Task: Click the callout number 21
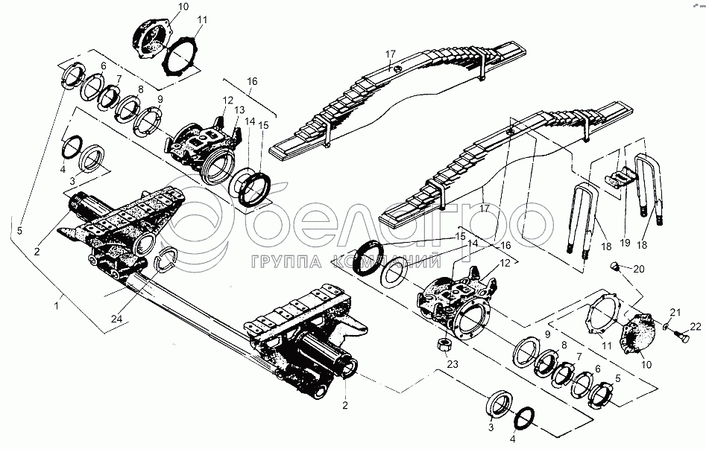[675, 311]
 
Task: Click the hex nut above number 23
[441, 346]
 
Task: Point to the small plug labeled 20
[615, 267]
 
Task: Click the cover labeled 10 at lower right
[637, 335]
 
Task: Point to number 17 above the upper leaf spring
[389, 54]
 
